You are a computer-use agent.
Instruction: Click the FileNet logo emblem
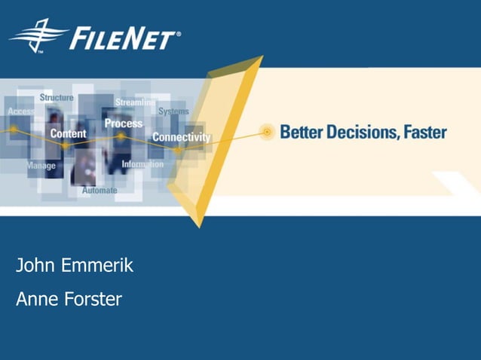pos(38,35)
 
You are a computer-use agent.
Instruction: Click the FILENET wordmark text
pos(125,38)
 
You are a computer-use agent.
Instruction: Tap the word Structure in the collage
pos(57,98)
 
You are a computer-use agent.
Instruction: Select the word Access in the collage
pos(21,111)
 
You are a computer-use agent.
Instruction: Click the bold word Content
pos(68,133)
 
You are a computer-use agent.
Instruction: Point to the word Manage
pos(41,165)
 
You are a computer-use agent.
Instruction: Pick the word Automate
pos(100,191)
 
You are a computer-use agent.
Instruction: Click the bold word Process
pos(123,123)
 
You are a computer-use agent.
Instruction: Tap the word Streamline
pos(136,102)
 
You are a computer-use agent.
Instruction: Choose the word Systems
pos(173,111)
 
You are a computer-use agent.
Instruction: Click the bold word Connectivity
pos(181,137)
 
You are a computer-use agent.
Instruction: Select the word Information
pos(142,164)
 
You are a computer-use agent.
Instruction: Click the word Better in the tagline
pos(301,133)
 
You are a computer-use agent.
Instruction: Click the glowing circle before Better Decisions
pos(266,132)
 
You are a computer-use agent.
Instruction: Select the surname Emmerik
pos(97,265)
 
